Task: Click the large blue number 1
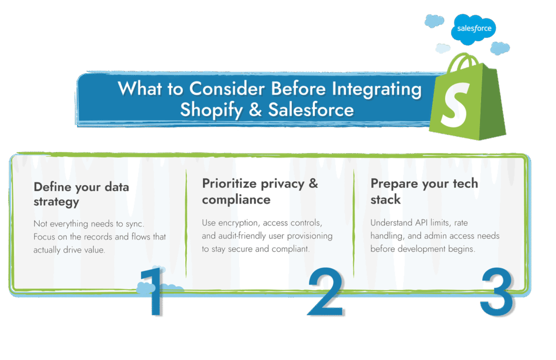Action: tap(152, 293)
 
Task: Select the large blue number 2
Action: tap(326, 293)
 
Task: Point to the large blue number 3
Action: tap(496, 293)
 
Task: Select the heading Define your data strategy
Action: tap(81, 194)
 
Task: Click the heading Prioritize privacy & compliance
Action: tap(260, 191)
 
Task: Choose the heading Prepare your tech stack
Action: tap(424, 191)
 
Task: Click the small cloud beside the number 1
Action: tap(173, 286)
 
